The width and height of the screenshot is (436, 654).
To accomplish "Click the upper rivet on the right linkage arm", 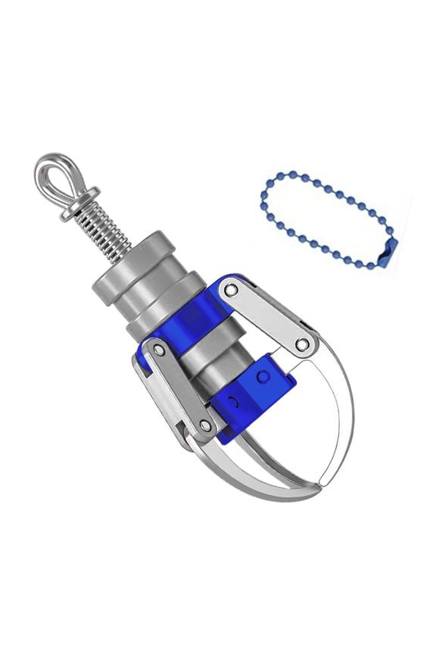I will tap(232, 290).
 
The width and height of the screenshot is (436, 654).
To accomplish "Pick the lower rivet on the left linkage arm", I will tap(205, 426).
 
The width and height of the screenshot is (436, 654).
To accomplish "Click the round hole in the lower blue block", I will tap(262, 376).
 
